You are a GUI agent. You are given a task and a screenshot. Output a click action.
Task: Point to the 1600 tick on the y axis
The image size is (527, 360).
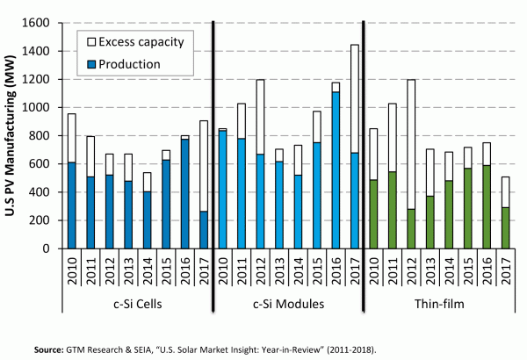click(x=41, y=23)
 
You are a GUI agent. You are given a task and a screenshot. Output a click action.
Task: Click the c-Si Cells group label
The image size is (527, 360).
click(x=136, y=306)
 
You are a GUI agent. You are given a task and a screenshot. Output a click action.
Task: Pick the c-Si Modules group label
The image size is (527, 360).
click(x=288, y=306)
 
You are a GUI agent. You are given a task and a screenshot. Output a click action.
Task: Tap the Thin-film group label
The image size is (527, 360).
click(x=439, y=306)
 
